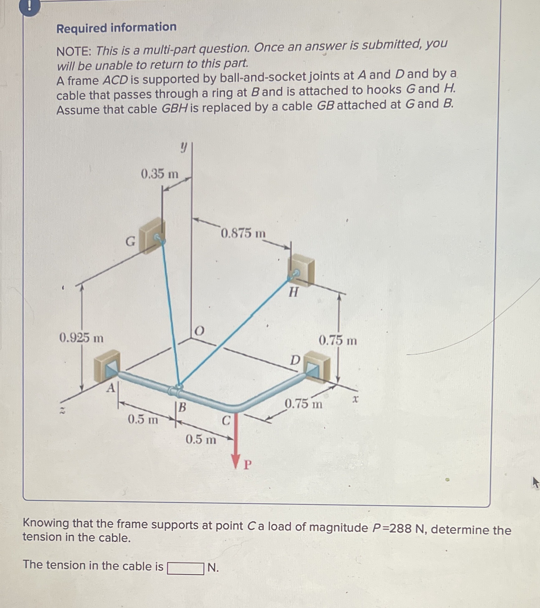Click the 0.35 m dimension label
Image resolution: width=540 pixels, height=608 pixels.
point(159,174)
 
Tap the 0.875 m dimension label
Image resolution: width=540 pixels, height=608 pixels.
point(243,233)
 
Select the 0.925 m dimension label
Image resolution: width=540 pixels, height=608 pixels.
point(81,338)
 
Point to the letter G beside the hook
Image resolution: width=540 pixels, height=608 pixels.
point(130,241)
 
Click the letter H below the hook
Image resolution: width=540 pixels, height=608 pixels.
point(293,292)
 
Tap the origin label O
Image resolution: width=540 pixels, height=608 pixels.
point(199,331)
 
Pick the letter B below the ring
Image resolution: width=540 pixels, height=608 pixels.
point(182,407)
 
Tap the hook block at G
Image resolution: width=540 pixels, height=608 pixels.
point(152,236)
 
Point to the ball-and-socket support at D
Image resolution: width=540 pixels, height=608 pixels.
point(317,369)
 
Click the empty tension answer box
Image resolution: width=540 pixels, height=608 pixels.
point(186,568)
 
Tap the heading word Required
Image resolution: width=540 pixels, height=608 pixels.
point(82,28)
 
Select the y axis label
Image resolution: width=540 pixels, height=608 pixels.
point(184,147)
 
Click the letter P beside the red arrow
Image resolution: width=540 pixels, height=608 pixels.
point(247,465)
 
